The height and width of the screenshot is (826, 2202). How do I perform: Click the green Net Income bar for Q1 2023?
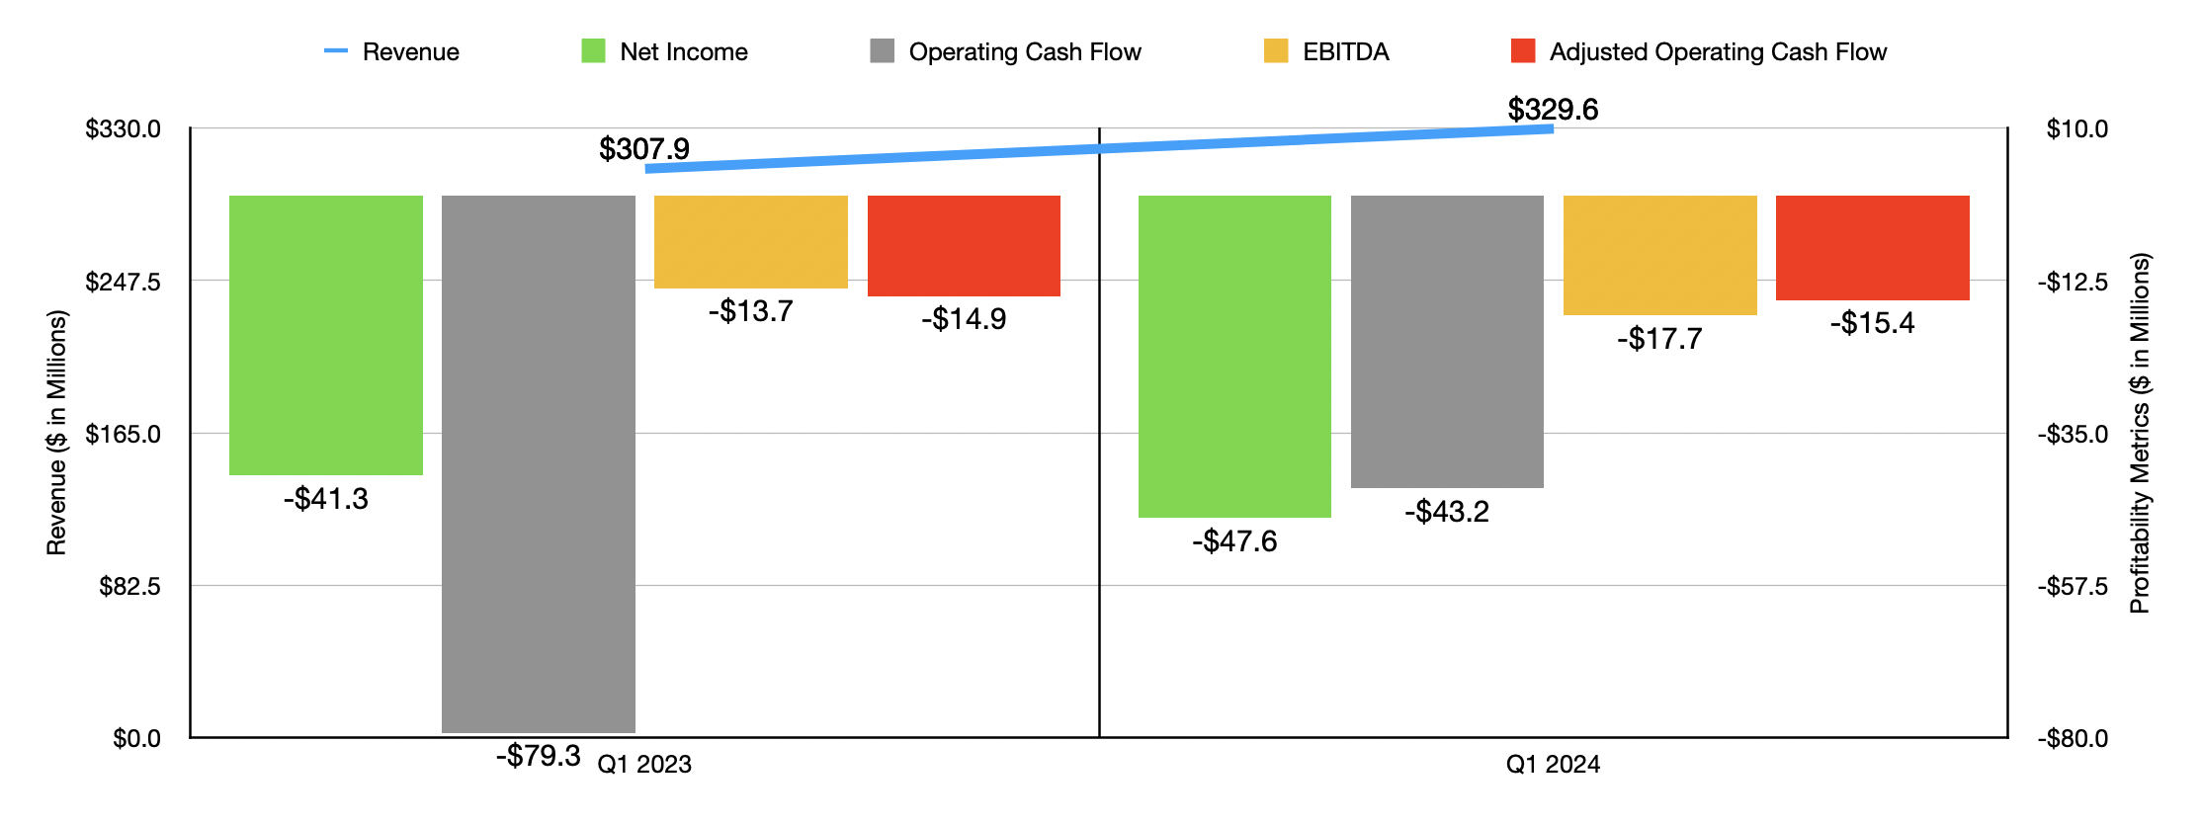click(325, 335)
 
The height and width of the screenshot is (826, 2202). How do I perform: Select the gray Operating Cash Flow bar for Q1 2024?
click(1447, 341)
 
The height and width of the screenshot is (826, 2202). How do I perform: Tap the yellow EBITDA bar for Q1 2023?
click(750, 242)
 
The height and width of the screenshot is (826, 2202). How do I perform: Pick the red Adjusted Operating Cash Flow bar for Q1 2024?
click(1872, 248)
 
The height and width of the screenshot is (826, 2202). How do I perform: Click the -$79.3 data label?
click(538, 756)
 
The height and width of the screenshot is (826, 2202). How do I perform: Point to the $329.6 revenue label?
click(1553, 110)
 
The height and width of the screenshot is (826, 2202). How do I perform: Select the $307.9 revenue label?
click(644, 149)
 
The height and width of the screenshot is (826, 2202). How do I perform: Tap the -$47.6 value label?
click(1234, 541)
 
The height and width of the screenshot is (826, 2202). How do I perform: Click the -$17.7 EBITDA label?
click(1659, 339)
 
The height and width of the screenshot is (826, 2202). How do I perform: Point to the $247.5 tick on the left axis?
click(123, 282)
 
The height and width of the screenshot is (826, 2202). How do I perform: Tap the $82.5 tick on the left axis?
click(129, 587)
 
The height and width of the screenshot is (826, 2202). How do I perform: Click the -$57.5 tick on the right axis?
click(2073, 587)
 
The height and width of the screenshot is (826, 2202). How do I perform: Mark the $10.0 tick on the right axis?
click(2076, 129)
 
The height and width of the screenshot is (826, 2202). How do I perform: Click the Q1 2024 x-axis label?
click(1553, 764)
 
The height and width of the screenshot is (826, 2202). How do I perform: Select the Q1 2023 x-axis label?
click(645, 764)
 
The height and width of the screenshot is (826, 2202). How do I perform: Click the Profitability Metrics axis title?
click(2140, 433)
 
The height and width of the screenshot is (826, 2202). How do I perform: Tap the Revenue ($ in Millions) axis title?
click(56, 433)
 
